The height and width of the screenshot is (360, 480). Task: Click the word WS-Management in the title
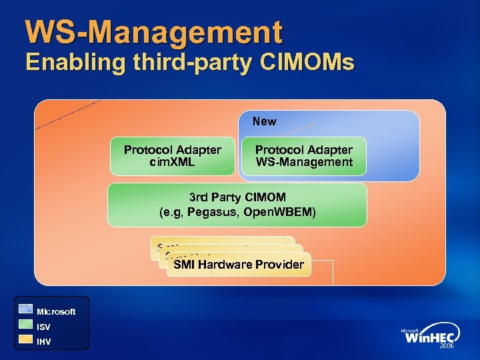point(154,32)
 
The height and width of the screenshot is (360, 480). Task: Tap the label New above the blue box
point(264,121)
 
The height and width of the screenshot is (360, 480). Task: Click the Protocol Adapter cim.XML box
point(173,156)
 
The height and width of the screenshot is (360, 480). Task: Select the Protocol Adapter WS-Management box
point(304,156)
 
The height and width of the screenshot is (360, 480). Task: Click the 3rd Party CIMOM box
point(237,205)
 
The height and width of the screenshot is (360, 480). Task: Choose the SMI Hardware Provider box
point(239,265)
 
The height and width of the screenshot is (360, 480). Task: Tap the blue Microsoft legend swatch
point(25,309)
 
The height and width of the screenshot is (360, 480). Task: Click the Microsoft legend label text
point(56,311)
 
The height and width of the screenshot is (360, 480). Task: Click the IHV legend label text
point(43,342)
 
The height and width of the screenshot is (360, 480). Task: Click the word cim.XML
point(173,162)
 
